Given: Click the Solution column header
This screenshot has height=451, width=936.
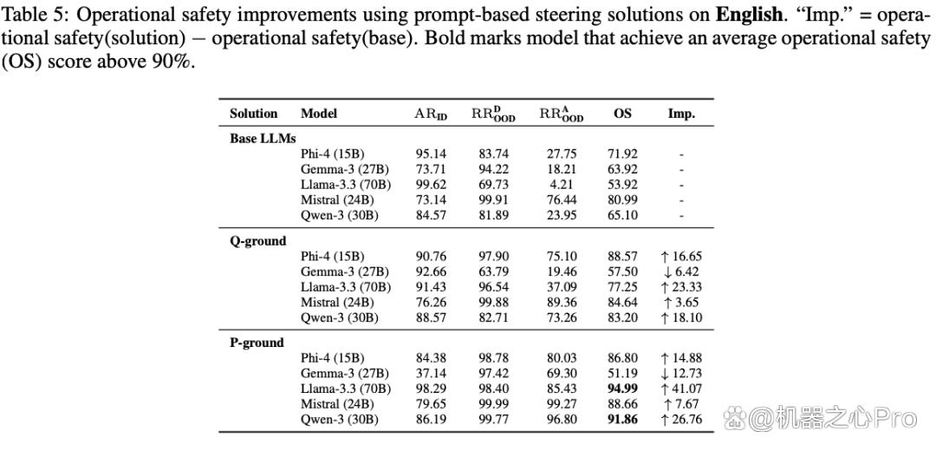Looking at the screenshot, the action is coord(254,114).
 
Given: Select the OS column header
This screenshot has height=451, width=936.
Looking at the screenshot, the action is coord(622,114).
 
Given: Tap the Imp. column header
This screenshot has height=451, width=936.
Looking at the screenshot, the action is coord(681,114).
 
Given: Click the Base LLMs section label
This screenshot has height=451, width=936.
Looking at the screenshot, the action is coord(263,138).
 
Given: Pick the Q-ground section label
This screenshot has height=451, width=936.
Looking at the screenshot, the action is coord(258,241).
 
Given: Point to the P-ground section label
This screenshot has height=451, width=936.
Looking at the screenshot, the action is coord(257,343).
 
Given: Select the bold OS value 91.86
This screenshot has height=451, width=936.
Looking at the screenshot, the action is coord(622,419).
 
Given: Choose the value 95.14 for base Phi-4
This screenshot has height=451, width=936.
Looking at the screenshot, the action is coord(431,154).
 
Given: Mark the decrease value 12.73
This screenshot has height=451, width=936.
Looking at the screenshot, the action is coord(681,373).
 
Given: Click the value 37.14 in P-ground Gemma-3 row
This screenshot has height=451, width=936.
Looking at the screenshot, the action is coord(431,373).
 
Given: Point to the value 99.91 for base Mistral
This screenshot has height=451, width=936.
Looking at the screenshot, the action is coord(493,200).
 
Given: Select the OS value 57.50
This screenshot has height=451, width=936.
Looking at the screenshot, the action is coord(622,271).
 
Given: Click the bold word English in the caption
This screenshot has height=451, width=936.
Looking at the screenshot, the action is coord(749,15).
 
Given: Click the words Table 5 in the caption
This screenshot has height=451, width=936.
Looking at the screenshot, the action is coord(28,13).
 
